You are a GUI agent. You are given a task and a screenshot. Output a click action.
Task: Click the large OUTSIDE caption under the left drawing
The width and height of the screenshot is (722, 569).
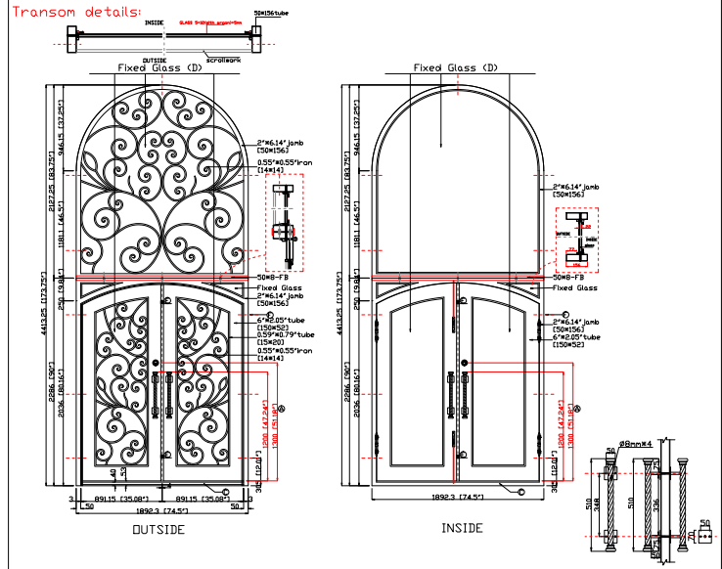(x=158, y=529)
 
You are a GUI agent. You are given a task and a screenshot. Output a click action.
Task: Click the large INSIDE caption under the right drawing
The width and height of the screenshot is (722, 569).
(x=461, y=528)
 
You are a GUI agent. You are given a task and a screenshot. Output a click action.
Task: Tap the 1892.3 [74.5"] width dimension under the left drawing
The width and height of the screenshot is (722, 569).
(x=160, y=509)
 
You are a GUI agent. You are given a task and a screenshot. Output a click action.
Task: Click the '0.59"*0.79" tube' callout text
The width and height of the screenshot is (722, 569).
(x=283, y=338)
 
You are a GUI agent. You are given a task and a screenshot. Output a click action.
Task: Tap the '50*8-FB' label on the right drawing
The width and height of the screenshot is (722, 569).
(x=566, y=279)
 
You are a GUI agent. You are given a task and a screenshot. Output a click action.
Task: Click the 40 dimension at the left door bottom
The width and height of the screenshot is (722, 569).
(x=113, y=472)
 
